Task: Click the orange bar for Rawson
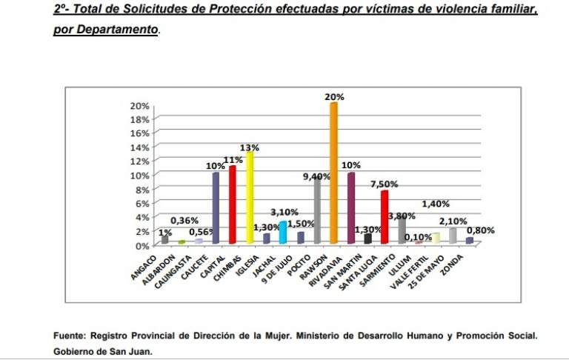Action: point(333,174)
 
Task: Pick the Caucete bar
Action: point(215,208)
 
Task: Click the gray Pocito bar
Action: point(316,211)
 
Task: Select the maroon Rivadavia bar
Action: point(351,208)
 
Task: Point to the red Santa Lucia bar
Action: point(385,217)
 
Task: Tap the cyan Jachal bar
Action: point(282,233)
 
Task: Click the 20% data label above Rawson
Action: point(333,96)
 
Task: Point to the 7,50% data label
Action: point(385,184)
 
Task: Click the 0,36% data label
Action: point(184,220)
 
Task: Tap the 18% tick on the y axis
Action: point(140,119)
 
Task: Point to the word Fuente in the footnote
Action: point(71,336)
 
